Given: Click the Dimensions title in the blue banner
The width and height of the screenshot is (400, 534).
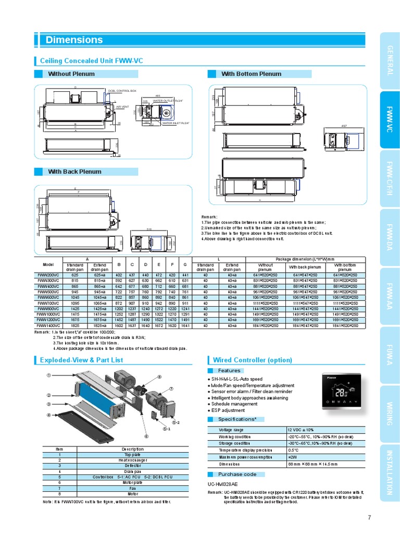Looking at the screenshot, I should tap(74, 40).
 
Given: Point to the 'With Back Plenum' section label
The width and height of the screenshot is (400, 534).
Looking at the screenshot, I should tap(74, 172).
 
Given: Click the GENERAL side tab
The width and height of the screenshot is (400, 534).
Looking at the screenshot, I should tap(389, 60).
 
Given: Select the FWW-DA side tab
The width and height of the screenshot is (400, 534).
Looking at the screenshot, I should tap(389, 237).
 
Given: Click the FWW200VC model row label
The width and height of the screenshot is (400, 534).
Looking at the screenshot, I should tap(48, 274).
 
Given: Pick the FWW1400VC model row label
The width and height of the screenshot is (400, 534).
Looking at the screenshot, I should tap(48, 325).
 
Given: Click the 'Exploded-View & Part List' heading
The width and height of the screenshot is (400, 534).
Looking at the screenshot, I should tap(81, 360).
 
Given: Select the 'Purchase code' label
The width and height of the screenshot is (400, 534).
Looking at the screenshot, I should tap(237, 474).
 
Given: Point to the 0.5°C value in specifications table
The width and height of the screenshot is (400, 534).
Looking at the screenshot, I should tap(293, 450).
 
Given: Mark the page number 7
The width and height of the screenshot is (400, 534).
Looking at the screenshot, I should tap(369, 517).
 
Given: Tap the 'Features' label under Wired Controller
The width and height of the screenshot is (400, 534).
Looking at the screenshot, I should tap(229, 371).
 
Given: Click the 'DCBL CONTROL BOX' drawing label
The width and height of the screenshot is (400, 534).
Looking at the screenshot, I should tap(122, 91).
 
